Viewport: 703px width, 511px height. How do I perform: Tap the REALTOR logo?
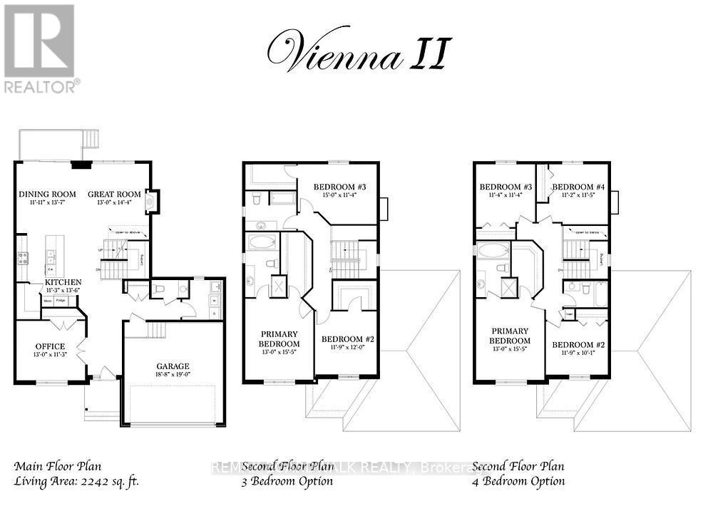coord(40,49)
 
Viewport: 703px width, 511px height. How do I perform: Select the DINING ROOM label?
coord(47,194)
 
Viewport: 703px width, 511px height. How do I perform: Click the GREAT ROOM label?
coord(114,194)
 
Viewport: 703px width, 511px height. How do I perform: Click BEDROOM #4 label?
coord(578,187)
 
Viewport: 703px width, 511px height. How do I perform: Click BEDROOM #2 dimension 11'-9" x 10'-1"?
coord(578,353)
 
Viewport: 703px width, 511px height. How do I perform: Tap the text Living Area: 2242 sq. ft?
coord(76,481)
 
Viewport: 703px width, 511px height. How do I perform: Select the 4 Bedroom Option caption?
coord(518,481)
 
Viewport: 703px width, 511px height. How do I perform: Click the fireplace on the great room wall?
coord(151,202)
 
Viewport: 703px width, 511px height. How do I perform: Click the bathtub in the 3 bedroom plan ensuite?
coord(261,242)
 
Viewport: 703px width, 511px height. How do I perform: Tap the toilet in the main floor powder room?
coord(160,289)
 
